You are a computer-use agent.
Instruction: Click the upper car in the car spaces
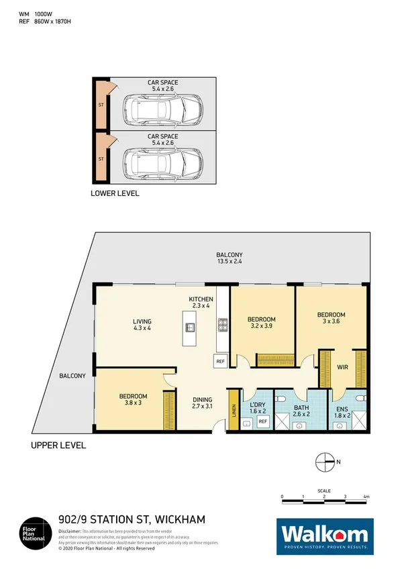click(x=163, y=107)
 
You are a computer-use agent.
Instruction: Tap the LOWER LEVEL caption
click(x=115, y=193)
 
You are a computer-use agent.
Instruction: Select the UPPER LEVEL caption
click(x=58, y=446)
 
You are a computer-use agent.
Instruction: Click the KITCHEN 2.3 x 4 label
click(x=201, y=303)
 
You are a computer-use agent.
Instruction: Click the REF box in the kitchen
click(x=220, y=362)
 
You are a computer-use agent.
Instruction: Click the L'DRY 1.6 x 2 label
click(x=258, y=408)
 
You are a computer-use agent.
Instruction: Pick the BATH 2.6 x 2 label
click(x=300, y=410)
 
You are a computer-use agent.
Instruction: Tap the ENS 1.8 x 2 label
click(x=342, y=410)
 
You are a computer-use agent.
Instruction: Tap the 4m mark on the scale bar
click(x=366, y=497)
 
